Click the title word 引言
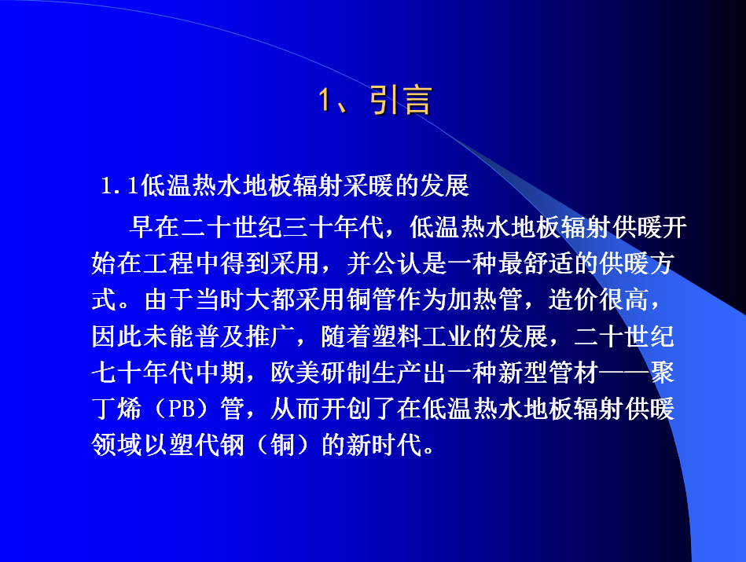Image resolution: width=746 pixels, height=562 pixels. [401, 101]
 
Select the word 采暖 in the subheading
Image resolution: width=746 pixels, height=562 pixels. [369, 185]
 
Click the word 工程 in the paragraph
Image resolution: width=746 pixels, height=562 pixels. [167, 263]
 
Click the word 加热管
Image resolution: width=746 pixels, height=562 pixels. [485, 299]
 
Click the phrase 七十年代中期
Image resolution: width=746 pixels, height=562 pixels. [167, 373]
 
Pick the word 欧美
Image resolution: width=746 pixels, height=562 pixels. [296, 373]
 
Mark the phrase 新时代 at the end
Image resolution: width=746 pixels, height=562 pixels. [384, 446]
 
